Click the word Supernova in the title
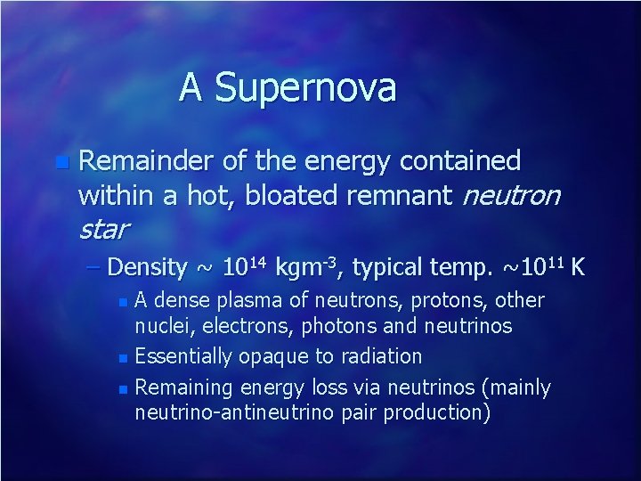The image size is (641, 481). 305,88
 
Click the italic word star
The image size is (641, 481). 103,230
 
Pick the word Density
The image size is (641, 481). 149,267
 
